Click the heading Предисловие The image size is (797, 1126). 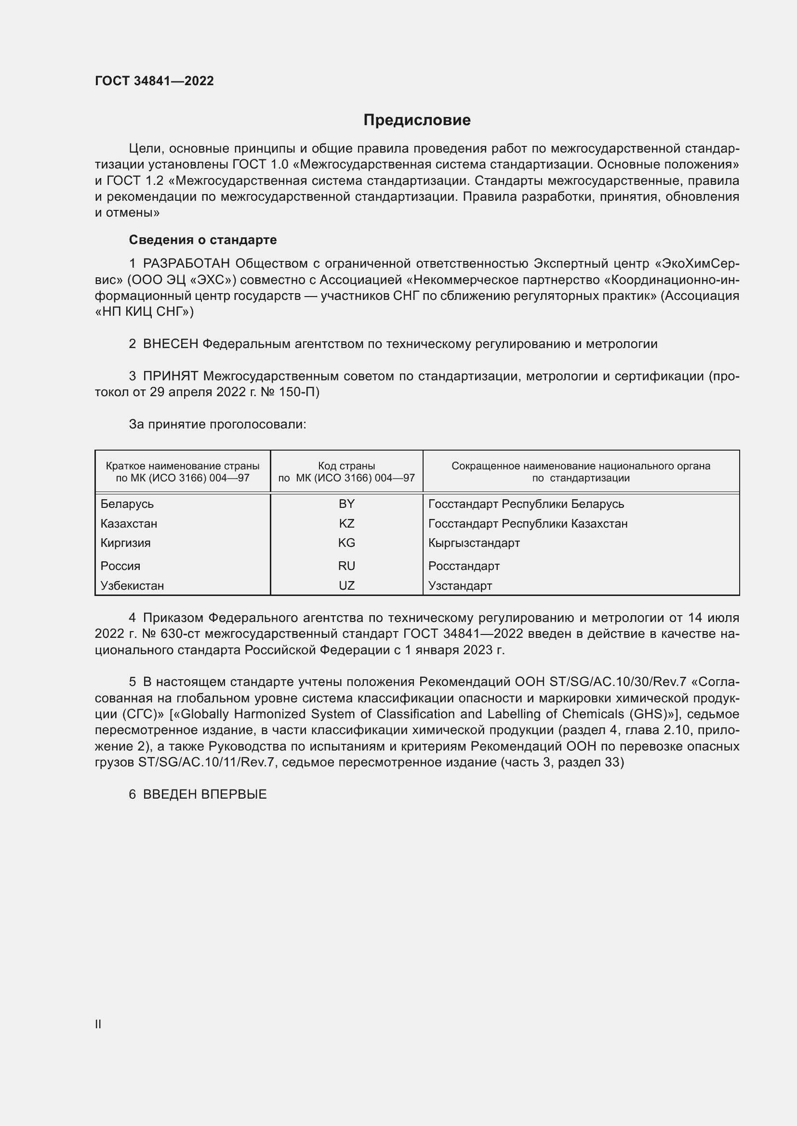417,120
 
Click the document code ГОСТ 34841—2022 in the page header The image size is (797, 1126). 154,81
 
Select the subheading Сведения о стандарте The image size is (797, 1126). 203,240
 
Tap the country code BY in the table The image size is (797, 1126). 346,504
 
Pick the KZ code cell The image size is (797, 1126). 346,523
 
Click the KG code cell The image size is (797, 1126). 346,543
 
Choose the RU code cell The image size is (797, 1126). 346,566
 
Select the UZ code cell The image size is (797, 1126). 346,585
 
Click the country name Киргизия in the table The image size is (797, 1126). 126,543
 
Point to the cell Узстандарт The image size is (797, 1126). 460,585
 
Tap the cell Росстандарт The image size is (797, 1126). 464,566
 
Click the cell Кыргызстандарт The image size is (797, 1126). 474,543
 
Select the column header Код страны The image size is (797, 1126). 346,466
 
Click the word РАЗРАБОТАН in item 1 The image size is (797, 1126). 186,264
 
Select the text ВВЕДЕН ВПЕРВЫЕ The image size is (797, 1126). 205,794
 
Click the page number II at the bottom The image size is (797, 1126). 98,1024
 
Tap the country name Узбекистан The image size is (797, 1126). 132,585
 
